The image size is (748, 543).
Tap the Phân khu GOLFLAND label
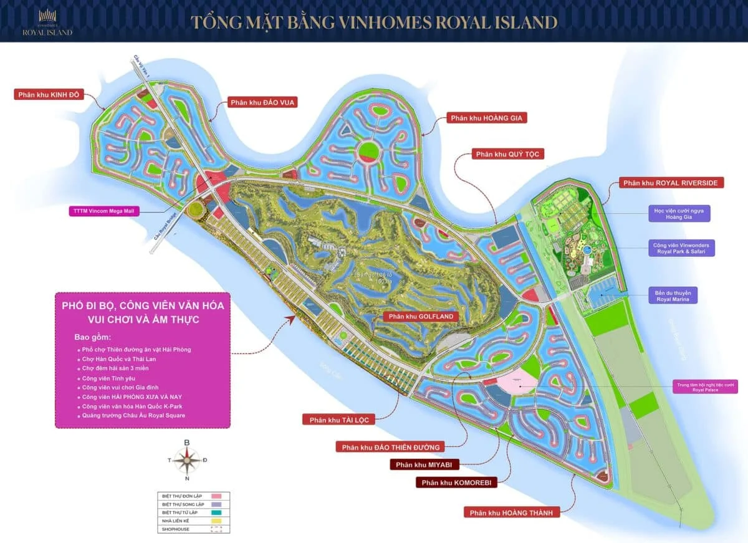(421, 316)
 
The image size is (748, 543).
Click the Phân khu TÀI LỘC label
(339, 420)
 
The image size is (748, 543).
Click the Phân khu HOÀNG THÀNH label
(511, 512)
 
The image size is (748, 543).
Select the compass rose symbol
(186, 460)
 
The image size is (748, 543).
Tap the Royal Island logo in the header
(47, 23)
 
